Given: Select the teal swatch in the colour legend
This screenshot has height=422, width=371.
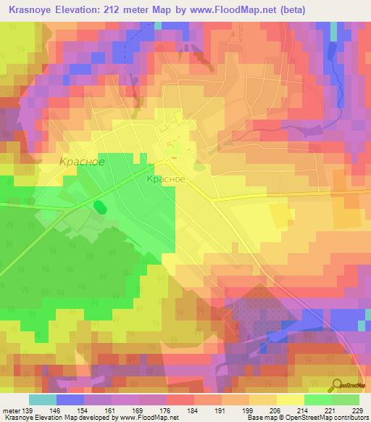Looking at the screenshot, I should click(x=42, y=400).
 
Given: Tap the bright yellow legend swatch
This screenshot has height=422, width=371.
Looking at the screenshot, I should click(x=290, y=400).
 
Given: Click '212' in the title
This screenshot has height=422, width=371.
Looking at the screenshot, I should click(x=127, y=9).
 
